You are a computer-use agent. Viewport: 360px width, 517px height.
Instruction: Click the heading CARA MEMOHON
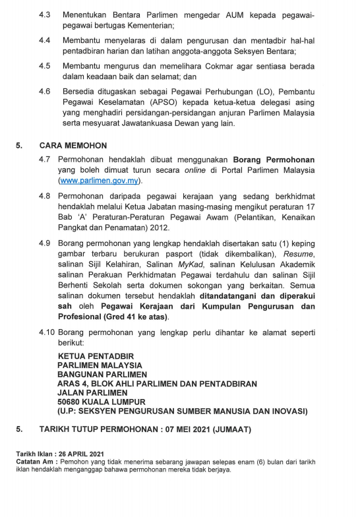(x=73, y=145)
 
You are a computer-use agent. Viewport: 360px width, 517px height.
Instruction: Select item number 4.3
(x=44, y=14)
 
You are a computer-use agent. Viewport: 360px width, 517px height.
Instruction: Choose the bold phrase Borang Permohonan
(x=273, y=160)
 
